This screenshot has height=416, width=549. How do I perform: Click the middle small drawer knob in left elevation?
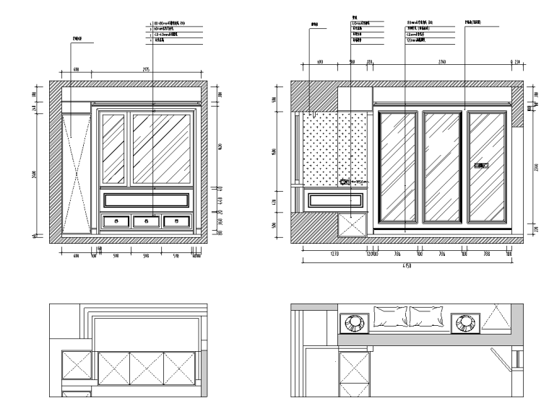click(x=146, y=221)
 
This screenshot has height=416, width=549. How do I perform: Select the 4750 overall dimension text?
click(x=407, y=267)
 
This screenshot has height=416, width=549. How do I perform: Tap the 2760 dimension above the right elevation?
click(x=441, y=63)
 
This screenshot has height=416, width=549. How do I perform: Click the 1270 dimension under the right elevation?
click(x=334, y=254)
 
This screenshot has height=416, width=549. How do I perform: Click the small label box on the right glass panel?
click(x=481, y=167)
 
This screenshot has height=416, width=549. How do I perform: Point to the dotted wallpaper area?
click(x=334, y=148)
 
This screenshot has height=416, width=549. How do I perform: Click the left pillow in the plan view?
click(x=390, y=316)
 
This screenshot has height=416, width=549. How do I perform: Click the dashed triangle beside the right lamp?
click(x=497, y=317)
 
